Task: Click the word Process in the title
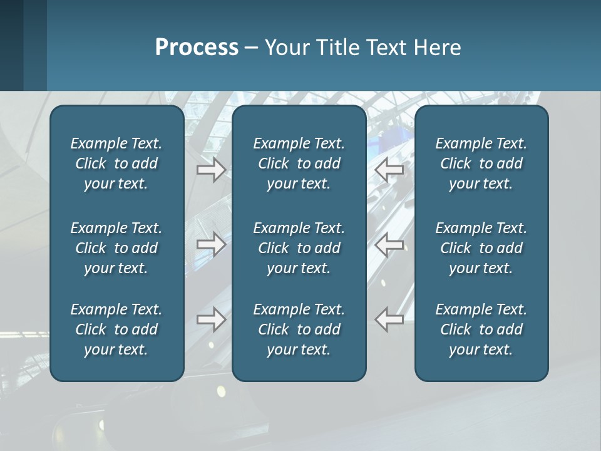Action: [197, 48]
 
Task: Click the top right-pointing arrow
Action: [211, 169]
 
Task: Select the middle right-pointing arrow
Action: [211, 244]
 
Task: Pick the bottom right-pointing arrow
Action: [211, 319]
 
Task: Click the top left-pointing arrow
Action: [389, 169]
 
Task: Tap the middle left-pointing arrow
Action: [389, 244]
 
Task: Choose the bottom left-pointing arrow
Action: [389, 319]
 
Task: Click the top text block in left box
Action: [116, 163]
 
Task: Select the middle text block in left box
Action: [116, 248]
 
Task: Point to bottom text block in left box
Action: [116, 329]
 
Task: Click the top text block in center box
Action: [299, 163]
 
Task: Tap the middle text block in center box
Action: [299, 248]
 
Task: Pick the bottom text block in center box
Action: [299, 329]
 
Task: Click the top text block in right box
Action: [481, 163]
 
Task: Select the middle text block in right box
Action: [481, 248]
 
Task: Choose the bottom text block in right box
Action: [481, 329]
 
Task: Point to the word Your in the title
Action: [286, 48]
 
